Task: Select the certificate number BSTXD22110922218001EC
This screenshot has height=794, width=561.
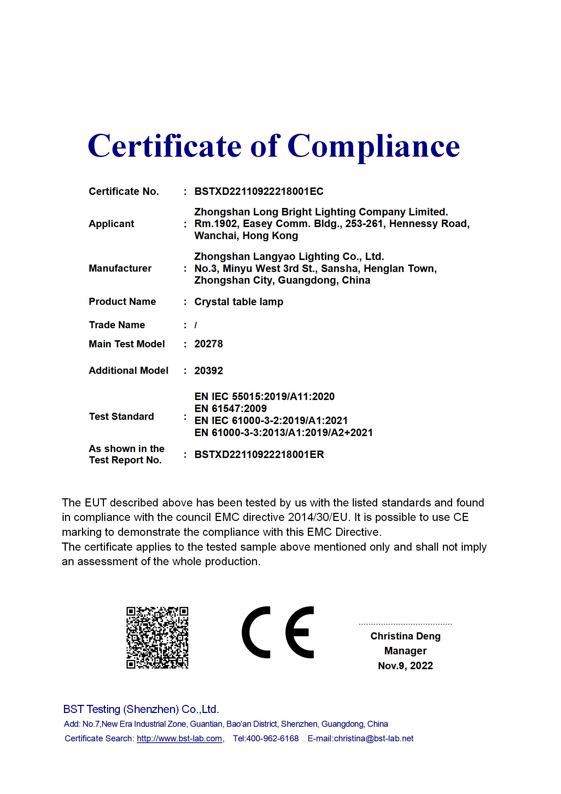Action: click(x=259, y=191)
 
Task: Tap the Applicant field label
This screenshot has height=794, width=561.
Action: click(x=111, y=224)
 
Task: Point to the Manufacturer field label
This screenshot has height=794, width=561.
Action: click(x=120, y=268)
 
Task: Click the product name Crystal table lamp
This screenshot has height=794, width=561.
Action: click(x=239, y=302)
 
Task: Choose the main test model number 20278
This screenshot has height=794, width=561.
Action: click(x=209, y=344)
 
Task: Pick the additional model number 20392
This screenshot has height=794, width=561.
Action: click(x=209, y=371)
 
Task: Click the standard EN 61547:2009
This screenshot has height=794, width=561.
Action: click(x=230, y=408)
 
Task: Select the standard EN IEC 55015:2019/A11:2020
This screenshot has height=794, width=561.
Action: click(x=264, y=396)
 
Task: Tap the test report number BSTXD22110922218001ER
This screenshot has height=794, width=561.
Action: click(x=259, y=454)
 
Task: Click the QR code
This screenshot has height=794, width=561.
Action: click(x=157, y=638)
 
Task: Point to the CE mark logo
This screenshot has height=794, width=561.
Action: click(x=278, y=632)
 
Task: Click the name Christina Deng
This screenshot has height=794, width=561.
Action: click(x=405, y=636)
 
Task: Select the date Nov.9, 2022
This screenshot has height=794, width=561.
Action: click(x=405, y=666)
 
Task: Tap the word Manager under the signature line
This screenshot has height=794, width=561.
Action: click(x=405, y=651)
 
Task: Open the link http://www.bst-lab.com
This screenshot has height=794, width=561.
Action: click(x=179, y=738)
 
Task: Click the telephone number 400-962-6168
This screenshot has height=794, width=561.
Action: click(x=272, y=738)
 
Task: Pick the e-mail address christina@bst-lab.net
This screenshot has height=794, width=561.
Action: click(x=374, y=738)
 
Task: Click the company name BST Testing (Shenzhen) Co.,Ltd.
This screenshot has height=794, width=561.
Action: click(x=141, y=709)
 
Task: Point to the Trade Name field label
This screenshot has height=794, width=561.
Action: click(x=117, y=325)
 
